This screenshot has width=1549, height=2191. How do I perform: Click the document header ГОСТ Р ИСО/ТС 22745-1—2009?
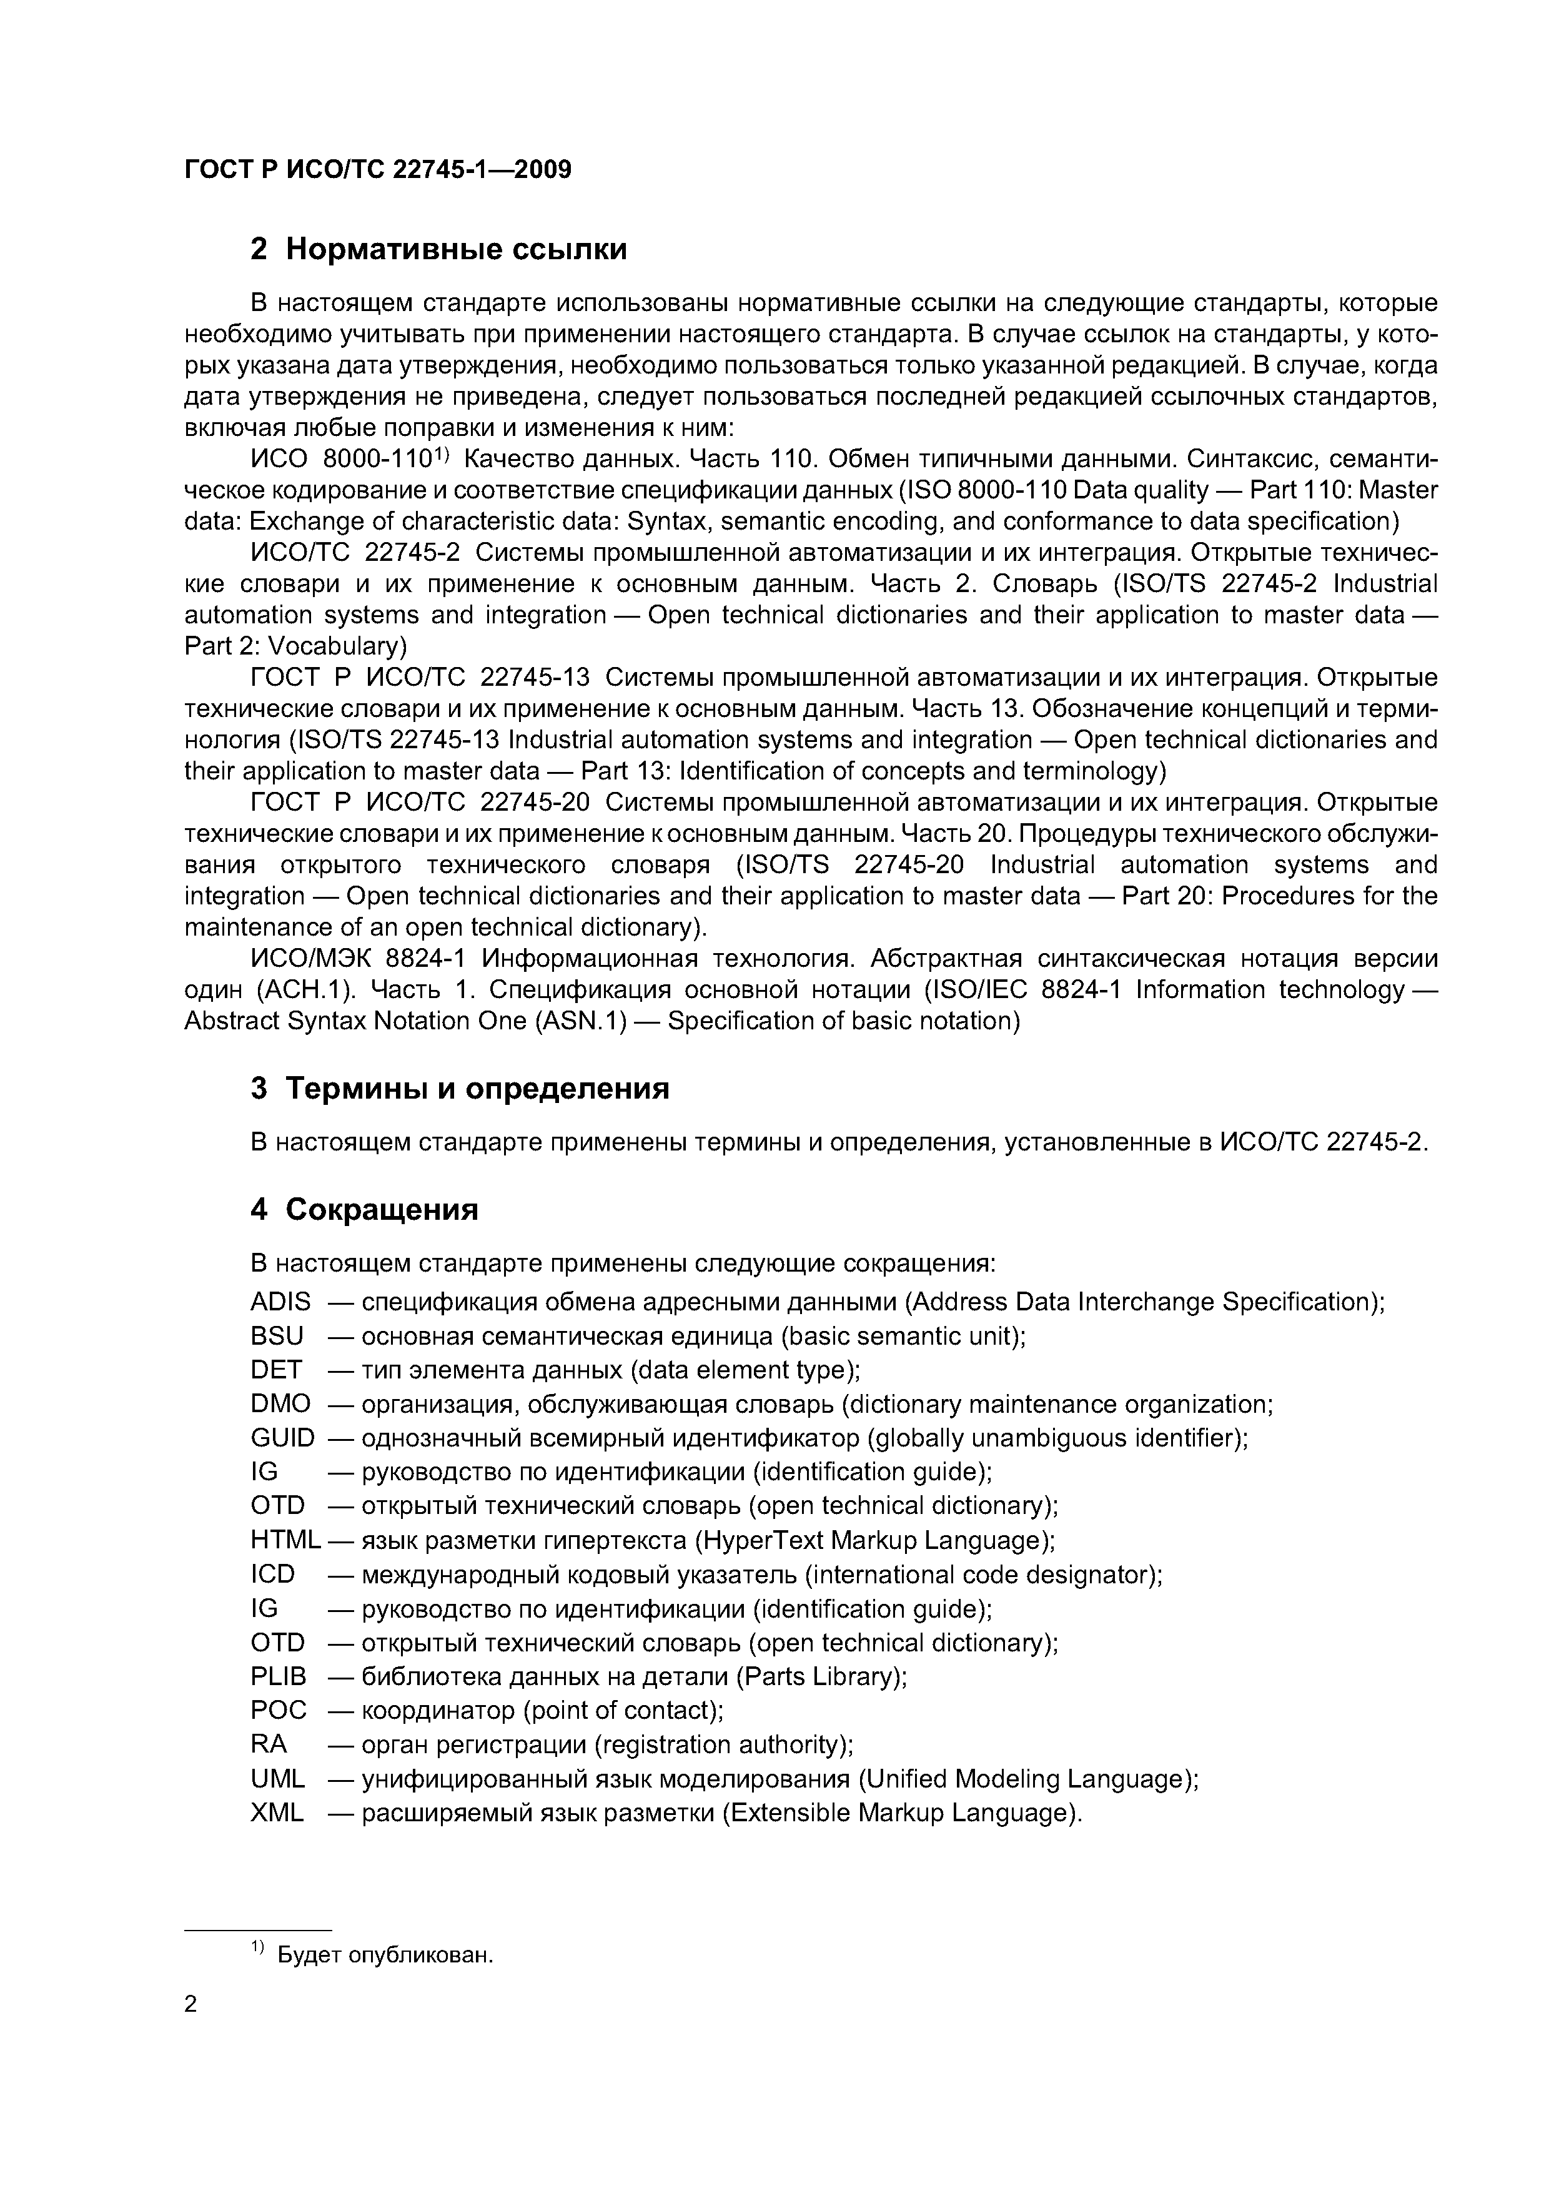(x=377, y=170)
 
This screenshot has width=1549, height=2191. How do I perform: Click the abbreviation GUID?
(x=282, y=1438)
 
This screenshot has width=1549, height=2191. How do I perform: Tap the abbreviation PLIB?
(x=279, y=1676)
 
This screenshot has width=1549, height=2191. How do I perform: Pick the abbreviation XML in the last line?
(x=277, y=1813)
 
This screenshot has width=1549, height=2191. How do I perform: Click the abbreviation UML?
(x=277, y=1779)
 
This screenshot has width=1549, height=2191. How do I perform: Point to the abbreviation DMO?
(x=280, y=1404)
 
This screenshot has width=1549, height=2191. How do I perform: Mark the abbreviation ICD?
(x=273, y=1575)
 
